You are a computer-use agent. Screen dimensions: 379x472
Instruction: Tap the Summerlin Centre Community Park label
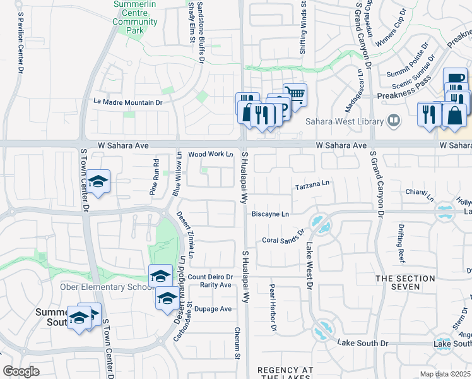[135, 21]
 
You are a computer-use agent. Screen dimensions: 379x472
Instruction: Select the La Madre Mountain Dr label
[128, 102]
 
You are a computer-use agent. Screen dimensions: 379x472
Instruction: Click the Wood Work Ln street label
[211, 154]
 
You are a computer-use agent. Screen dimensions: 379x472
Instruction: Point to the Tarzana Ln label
[312, 187]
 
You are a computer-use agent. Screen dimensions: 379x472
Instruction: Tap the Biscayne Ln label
[270, 214]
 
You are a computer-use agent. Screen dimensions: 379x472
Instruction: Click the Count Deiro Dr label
[211, 277]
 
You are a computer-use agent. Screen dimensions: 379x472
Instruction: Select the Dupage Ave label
[213, 309]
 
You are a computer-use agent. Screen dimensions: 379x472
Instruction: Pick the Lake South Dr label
[363, 343]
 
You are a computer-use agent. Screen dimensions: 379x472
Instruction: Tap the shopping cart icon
[295, 95]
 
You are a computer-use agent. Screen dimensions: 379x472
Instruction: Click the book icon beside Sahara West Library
[394, 120]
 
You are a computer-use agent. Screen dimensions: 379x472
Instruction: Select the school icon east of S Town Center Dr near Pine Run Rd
[98, 181]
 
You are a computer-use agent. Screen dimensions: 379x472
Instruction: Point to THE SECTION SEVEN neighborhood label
[406, 282]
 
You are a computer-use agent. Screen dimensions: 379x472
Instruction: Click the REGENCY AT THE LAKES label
[286, 373]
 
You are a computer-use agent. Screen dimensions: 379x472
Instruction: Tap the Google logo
[21, 371]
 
